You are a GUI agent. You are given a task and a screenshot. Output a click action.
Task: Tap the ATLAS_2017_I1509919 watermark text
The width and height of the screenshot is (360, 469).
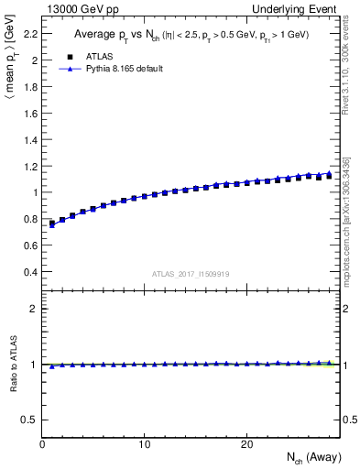[x=191, y=273]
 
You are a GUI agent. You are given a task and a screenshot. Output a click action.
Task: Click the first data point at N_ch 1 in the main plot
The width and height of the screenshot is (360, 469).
[x=52, y=223]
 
